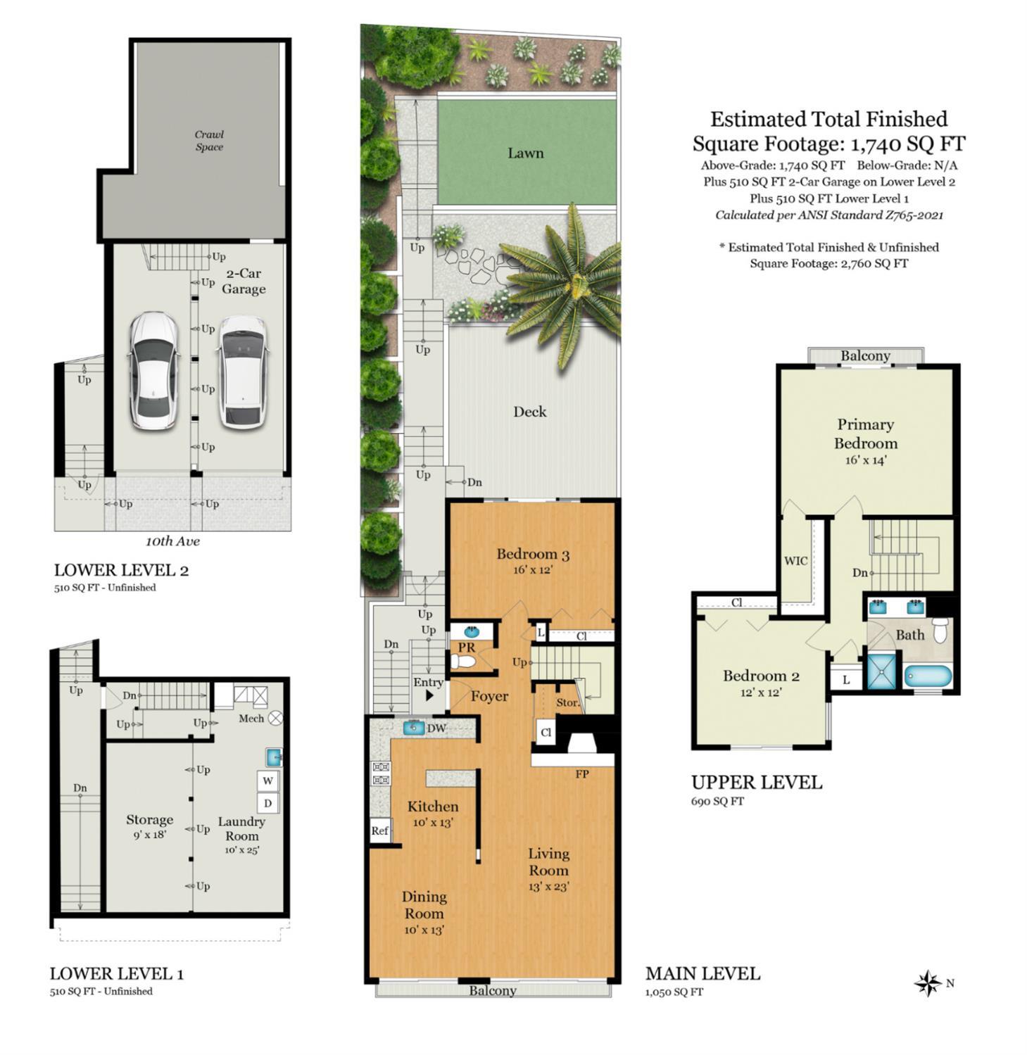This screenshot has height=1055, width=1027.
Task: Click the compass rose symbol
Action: tap(928, 983)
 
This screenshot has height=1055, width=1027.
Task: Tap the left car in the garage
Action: tap(153, 371)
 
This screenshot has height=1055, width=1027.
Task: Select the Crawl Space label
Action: tap(209, 141)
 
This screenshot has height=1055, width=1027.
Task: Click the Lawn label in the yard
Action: tap(526, 153)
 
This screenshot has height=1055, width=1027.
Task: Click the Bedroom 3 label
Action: tap(533, 554)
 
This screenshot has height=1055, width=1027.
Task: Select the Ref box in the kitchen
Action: tap(380, 830)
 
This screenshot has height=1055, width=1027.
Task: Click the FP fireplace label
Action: tap(582, 774)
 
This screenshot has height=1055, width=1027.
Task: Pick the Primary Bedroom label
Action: tap(866, 434)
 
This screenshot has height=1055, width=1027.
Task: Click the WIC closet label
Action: tap(796, 561)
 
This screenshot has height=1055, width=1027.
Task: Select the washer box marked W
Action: tap(268, 781)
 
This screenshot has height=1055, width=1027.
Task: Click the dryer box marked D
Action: tap(268, 803)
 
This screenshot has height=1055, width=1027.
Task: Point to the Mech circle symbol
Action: tap(276, 718)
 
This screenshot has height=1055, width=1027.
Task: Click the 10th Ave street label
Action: tap(172, 541)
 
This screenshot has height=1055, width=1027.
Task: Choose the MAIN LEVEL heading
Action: tap(702, 973)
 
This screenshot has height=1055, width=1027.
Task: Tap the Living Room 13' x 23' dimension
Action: tap(549, 887)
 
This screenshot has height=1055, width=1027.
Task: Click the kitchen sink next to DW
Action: tap(414, 728)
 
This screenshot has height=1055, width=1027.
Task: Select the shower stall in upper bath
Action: tap(883, 670)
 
